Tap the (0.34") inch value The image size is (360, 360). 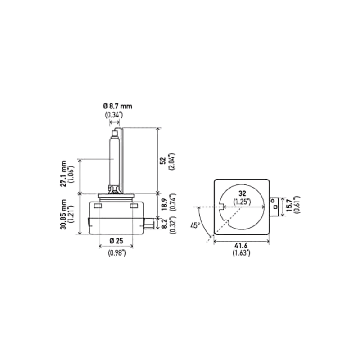115,115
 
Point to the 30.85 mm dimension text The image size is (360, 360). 64,214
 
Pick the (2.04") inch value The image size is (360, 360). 171,161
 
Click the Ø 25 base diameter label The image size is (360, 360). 116,244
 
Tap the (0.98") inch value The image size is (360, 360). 116,253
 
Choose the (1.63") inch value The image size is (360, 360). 242,253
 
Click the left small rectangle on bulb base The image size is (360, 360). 98,205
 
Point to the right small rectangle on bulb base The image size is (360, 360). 133,205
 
